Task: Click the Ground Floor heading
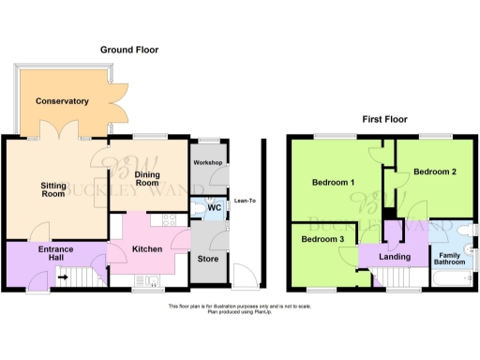coord(129,50)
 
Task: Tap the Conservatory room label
coord(62,101)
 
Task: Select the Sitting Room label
coord(53,190)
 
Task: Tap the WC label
coord(213,207)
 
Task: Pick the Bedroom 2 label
coord(435,172)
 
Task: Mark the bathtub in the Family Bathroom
coord(454,281)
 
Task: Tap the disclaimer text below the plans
coord(239,308)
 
